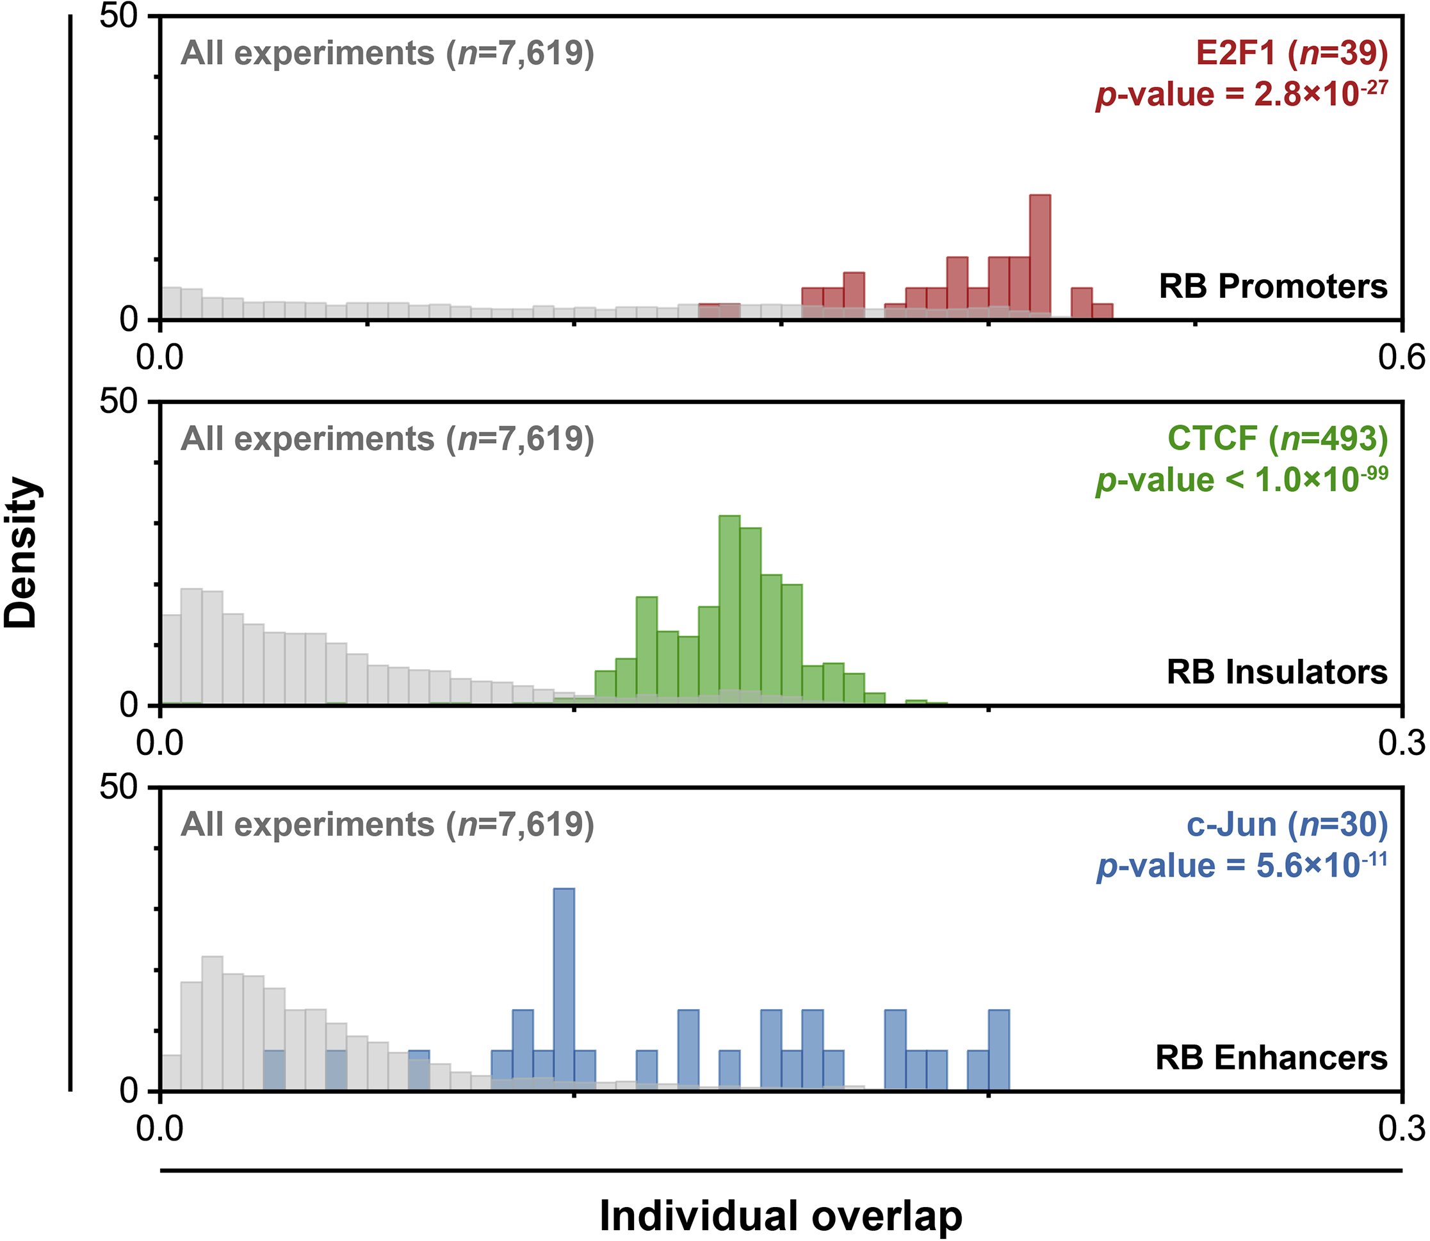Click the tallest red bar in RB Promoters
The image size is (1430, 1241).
click(1040, 256)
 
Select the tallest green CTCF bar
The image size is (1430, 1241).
click(729, 610)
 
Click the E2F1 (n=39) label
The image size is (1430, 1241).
click(1292, 53)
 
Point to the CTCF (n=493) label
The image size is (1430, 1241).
click(1277, 439)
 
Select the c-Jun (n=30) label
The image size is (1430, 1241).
click(1287, 824)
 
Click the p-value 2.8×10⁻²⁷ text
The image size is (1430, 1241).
click(1242, 94)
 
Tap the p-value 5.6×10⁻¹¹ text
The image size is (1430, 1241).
click(1242, 866)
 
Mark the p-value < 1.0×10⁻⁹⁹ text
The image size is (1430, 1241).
click(1242, 479)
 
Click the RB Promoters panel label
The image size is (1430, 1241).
click(1273, 287)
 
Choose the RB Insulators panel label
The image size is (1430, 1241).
click(1277, 672)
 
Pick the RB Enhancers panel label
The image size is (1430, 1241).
click(1271, 1057)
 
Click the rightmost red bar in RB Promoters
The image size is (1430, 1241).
click(1103, 312)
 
